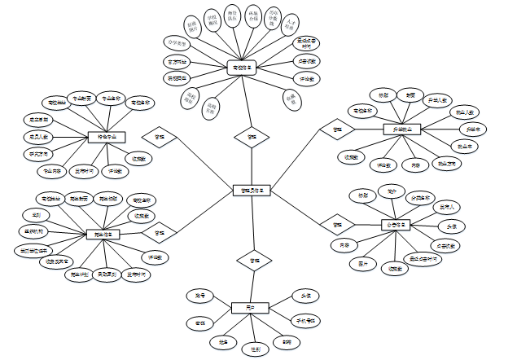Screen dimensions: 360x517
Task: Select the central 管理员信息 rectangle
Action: point(252,191)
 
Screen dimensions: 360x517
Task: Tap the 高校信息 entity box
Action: point(243,68)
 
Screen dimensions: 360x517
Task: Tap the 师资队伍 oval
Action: point(233,17)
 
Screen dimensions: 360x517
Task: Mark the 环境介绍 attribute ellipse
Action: point(254,16)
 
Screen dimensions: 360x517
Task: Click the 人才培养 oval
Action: point(290,27)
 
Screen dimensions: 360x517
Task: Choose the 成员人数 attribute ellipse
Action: point(37,137)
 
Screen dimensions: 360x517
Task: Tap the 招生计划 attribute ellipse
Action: point(79,274)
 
